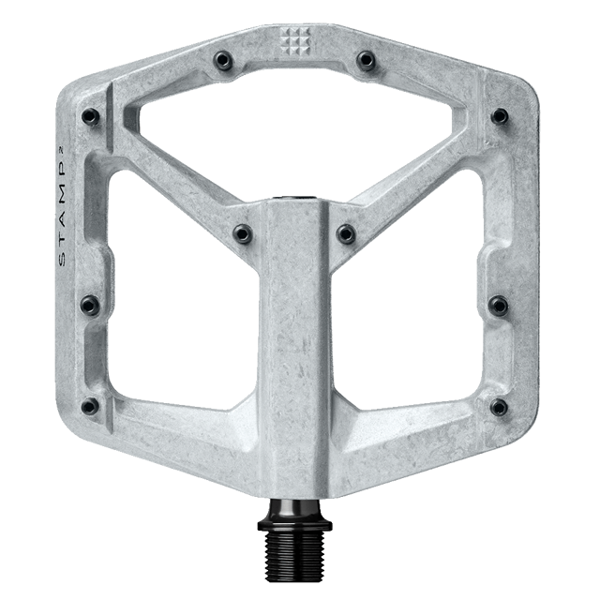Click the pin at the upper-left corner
[x=92, y=116]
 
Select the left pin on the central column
[x=243, y=232]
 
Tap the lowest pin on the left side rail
[x=92, y=406]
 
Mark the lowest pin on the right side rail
[x=497, y=406]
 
